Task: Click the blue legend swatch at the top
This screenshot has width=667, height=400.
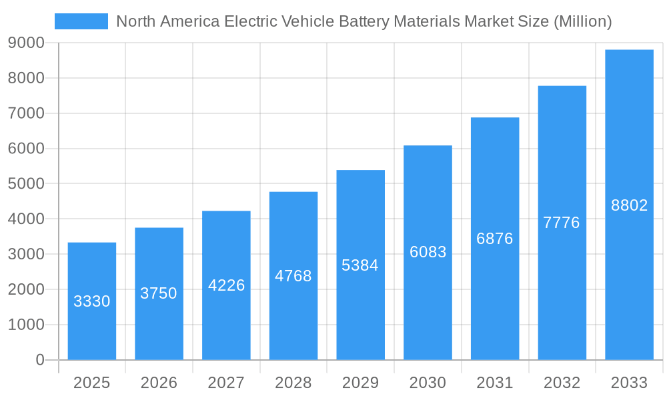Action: coord(81,21)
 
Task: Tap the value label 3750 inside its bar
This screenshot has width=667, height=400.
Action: coord(159,293)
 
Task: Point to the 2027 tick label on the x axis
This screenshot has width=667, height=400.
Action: coord(226,383)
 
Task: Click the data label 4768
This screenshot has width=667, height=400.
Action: coord(293,276)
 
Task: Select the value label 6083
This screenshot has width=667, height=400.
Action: coord(428,252)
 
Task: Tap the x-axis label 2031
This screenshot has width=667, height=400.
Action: coord(495,383)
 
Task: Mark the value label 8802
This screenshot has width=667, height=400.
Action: coord(629,205)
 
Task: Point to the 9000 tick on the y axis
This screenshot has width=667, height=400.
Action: coord(27,43)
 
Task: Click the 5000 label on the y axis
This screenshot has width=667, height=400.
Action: coord(27,184)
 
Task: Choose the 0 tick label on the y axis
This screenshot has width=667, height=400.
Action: coord(39,360)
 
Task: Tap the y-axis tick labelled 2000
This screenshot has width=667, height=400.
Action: coord(27,289)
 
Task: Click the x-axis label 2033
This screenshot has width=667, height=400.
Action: coord(629,383)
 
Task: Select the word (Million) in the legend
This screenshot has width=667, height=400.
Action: coord(582,21)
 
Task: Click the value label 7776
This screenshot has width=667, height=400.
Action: coord(562,223)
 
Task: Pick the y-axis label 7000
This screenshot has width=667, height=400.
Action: coord(27,113)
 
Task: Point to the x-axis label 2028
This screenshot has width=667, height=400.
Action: coord(293,383)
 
